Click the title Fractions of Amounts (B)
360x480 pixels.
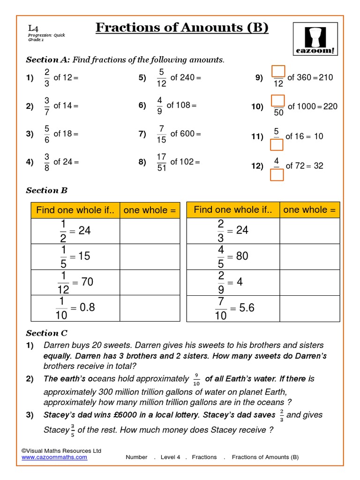(182, 28)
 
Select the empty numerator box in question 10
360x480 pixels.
(278, 100)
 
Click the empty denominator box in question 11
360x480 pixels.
(277, 144)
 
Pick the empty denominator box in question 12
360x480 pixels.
(277, 174)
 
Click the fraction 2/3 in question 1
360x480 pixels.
(47, 78)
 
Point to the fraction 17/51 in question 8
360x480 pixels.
(161, 162)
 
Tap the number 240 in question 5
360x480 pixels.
(187, 77)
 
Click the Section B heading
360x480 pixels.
(47, 190)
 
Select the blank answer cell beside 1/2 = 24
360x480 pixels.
(150, 231)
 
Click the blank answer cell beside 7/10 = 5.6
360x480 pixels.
(309, 308)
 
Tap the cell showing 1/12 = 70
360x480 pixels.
(75, 283)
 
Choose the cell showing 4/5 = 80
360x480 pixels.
(233, 256)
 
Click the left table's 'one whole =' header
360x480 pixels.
(150, 210)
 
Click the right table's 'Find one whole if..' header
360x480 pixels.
(233, 210)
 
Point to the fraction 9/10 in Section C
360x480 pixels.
(197, 379)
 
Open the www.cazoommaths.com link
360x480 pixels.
(54, 457)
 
